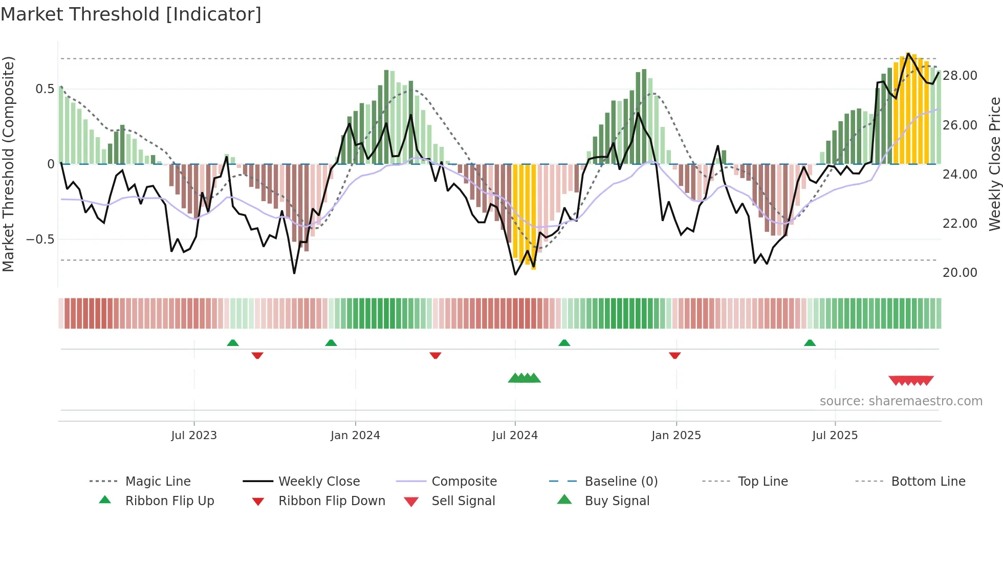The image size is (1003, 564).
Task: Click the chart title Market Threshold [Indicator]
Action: [131, 14]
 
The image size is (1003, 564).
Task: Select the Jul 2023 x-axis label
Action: [194, 436]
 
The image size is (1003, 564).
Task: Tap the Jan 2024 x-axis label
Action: [355, 436]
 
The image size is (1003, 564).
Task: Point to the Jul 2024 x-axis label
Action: [515, 436]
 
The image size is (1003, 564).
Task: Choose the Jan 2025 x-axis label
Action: [676, 436]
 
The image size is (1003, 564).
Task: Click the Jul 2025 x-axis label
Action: [835, 436]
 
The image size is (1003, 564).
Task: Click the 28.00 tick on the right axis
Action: [960, 76]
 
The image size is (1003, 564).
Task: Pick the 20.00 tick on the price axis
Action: [960, 273]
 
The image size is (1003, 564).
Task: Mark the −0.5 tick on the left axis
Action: [40, 240]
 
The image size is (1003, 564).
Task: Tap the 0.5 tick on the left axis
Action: [45, 89]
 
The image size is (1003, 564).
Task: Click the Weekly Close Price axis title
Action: [994, 164]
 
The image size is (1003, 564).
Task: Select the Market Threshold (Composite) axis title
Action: [8, 164]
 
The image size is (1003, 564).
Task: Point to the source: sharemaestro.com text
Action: [901, 401]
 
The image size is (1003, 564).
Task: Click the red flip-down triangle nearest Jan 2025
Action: [674, 355]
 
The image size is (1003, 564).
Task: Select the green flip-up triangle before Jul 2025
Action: [810, 343]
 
